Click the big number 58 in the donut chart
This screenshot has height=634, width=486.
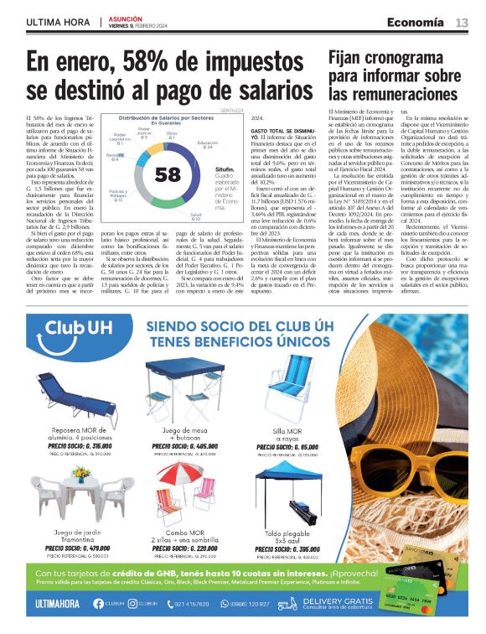[168, 174]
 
